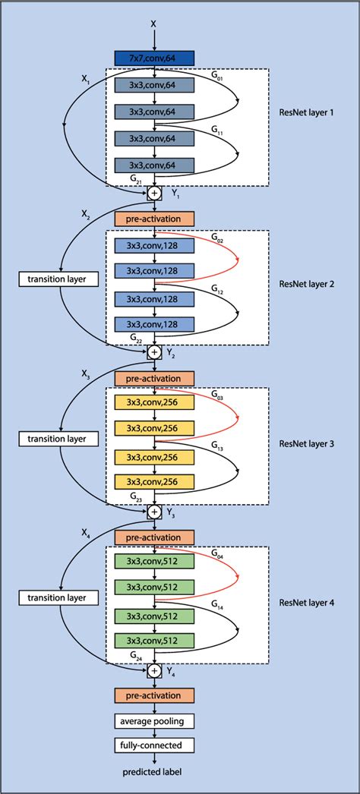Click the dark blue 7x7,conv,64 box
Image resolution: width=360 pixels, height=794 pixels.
coord(154,58)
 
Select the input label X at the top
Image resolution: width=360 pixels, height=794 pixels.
coord(154,24)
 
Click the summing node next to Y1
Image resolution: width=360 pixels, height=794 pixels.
coord(154,193)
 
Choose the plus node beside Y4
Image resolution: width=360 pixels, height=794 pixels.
coord(154,670)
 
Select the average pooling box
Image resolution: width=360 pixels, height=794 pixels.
coord(154,720)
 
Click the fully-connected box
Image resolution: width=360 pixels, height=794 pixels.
coord(154,745)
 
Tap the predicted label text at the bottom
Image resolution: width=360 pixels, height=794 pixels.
coord(154,771)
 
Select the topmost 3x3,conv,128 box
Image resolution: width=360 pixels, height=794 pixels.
coord(154,245)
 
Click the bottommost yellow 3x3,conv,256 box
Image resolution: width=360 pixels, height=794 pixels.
coord(154,482)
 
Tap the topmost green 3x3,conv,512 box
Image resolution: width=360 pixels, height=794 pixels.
coord(154,563)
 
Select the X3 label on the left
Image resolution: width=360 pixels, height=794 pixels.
coord(85,375)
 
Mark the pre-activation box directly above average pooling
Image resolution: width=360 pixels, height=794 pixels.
coord(154,695)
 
